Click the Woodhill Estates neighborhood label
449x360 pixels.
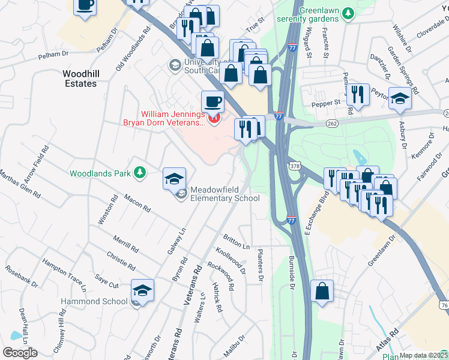click(80, 79)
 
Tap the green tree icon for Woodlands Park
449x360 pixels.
click(139, 173)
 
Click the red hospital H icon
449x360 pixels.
click(213, 118)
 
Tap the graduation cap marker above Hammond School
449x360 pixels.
click(142, 291)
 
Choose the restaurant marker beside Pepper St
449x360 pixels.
click(358, 95)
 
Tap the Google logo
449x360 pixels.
click(20, 353)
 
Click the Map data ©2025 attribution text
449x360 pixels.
click(423, 355)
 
